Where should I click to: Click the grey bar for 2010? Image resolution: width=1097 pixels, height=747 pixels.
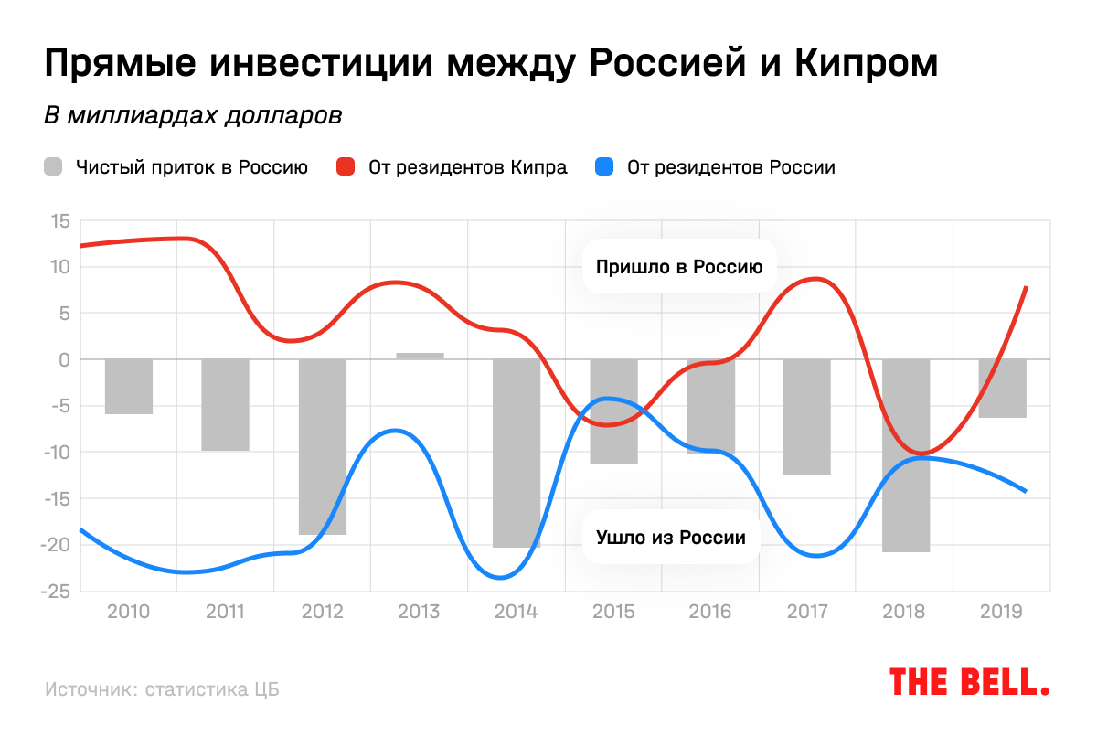pos(129,387)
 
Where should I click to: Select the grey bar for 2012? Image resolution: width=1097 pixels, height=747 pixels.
pos(323,446)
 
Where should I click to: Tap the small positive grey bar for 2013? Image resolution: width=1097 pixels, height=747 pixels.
pos(420,356)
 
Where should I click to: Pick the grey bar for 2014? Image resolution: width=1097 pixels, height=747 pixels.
pos(517,453)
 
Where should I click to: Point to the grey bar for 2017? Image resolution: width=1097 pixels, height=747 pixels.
pos(807,417)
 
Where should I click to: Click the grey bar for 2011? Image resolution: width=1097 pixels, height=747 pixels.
pos(226,405)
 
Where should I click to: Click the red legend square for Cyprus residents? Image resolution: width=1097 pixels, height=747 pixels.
pos(346,167)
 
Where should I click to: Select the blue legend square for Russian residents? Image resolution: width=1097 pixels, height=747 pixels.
pos(604,167)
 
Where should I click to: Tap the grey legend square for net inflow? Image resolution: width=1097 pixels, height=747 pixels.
pos(54,167)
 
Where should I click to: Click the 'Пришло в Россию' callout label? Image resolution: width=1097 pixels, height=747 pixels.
pos(678,268)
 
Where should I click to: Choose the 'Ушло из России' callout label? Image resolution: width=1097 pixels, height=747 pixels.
pos(671,538)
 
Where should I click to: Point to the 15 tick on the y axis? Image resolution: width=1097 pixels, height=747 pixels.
pos(60,221)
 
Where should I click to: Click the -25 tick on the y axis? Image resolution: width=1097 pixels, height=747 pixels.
pos(56,592)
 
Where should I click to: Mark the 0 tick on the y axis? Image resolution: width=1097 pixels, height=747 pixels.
pos(64,360)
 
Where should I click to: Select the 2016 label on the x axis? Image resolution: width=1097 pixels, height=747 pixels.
pos(710,611)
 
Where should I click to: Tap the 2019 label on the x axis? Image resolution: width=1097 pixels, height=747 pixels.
pos(1001,611)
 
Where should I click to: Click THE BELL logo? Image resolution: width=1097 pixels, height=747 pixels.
pos(969,681)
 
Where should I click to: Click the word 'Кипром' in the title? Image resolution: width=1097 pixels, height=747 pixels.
pos(866,64)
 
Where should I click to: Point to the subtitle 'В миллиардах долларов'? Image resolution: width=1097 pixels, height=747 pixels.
pos(193,116)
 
